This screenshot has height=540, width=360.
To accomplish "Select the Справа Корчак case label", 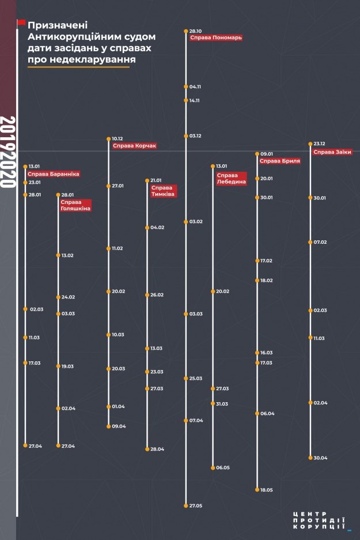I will coord(134,146).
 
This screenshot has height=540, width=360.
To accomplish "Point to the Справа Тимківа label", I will coord(163,191).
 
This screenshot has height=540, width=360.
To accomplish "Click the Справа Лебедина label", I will coord(231,179).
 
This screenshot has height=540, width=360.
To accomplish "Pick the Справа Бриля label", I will coord(279,161).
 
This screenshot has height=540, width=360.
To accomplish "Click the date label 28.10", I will coord(195,31).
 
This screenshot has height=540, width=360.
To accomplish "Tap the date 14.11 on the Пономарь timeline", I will coord(194,100).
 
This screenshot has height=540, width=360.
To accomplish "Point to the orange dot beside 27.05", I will coord(185,505).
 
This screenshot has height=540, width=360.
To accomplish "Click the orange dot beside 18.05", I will coord(257,489).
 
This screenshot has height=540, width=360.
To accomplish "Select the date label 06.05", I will coord(223,467).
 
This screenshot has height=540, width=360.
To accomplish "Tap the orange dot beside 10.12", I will coord(108,139).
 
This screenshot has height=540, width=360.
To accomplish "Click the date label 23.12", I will coord(319,144).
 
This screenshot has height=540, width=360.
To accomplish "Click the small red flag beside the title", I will coord(21,23).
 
